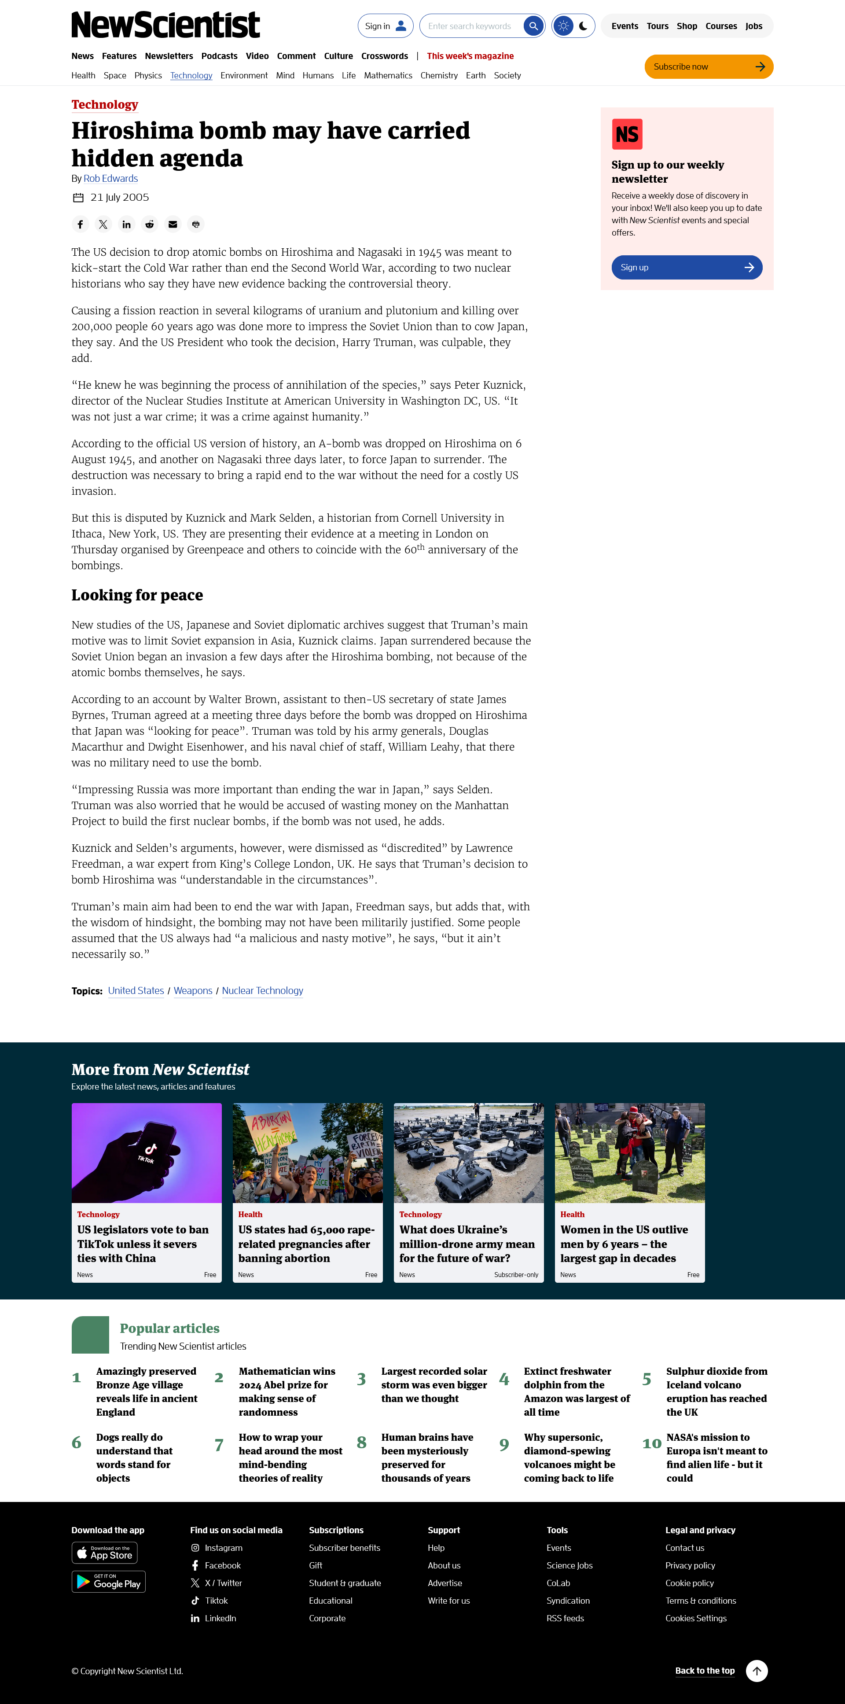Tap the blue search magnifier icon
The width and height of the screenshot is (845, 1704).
pyautogui.click(x=533, y=26)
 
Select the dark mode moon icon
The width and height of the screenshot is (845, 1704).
pyautogui.click(x=583, y=26)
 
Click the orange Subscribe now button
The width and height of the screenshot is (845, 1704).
pyautogui.click(x=708, y=67)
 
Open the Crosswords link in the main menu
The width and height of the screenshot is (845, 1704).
pyautogui.click(x=384, y=56)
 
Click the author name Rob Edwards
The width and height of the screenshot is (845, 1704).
pyautogui.click(x=110, y=179)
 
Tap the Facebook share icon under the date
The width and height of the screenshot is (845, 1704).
pyautogui.click(x=80, y=224)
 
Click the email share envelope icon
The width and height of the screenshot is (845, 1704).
pyautogui.click(x=173, y=224)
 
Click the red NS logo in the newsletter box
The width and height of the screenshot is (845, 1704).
pyautogui.click(x=627, y=134)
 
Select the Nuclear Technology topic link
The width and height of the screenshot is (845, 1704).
pyautogui.click(x=262, y=990)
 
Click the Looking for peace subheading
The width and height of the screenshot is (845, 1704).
pyautogui.click(x=137, y=595)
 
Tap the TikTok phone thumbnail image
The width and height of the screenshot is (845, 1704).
pyautogui.click(x=146, y=1152)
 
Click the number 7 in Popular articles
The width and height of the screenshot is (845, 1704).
pyautogui.click(x=219, y=1445)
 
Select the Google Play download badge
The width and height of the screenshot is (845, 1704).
pyautogui.click(x=108, y=1582)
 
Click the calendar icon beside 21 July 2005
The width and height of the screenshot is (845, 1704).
pyautogui.click(x=78, y=198)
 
